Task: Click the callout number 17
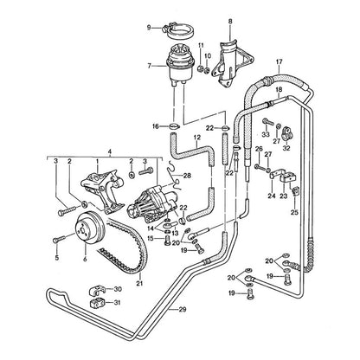(280, 61)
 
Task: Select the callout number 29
(183, 310)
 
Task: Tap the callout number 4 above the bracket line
(109, 151)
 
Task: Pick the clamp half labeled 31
(96, 303)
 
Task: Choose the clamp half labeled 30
(96, 290)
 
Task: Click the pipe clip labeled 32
(287, 132)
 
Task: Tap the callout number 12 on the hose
(197, 138)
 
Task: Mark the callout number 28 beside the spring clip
(187, 176)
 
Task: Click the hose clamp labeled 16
(174, 126)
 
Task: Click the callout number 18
(279, 89)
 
